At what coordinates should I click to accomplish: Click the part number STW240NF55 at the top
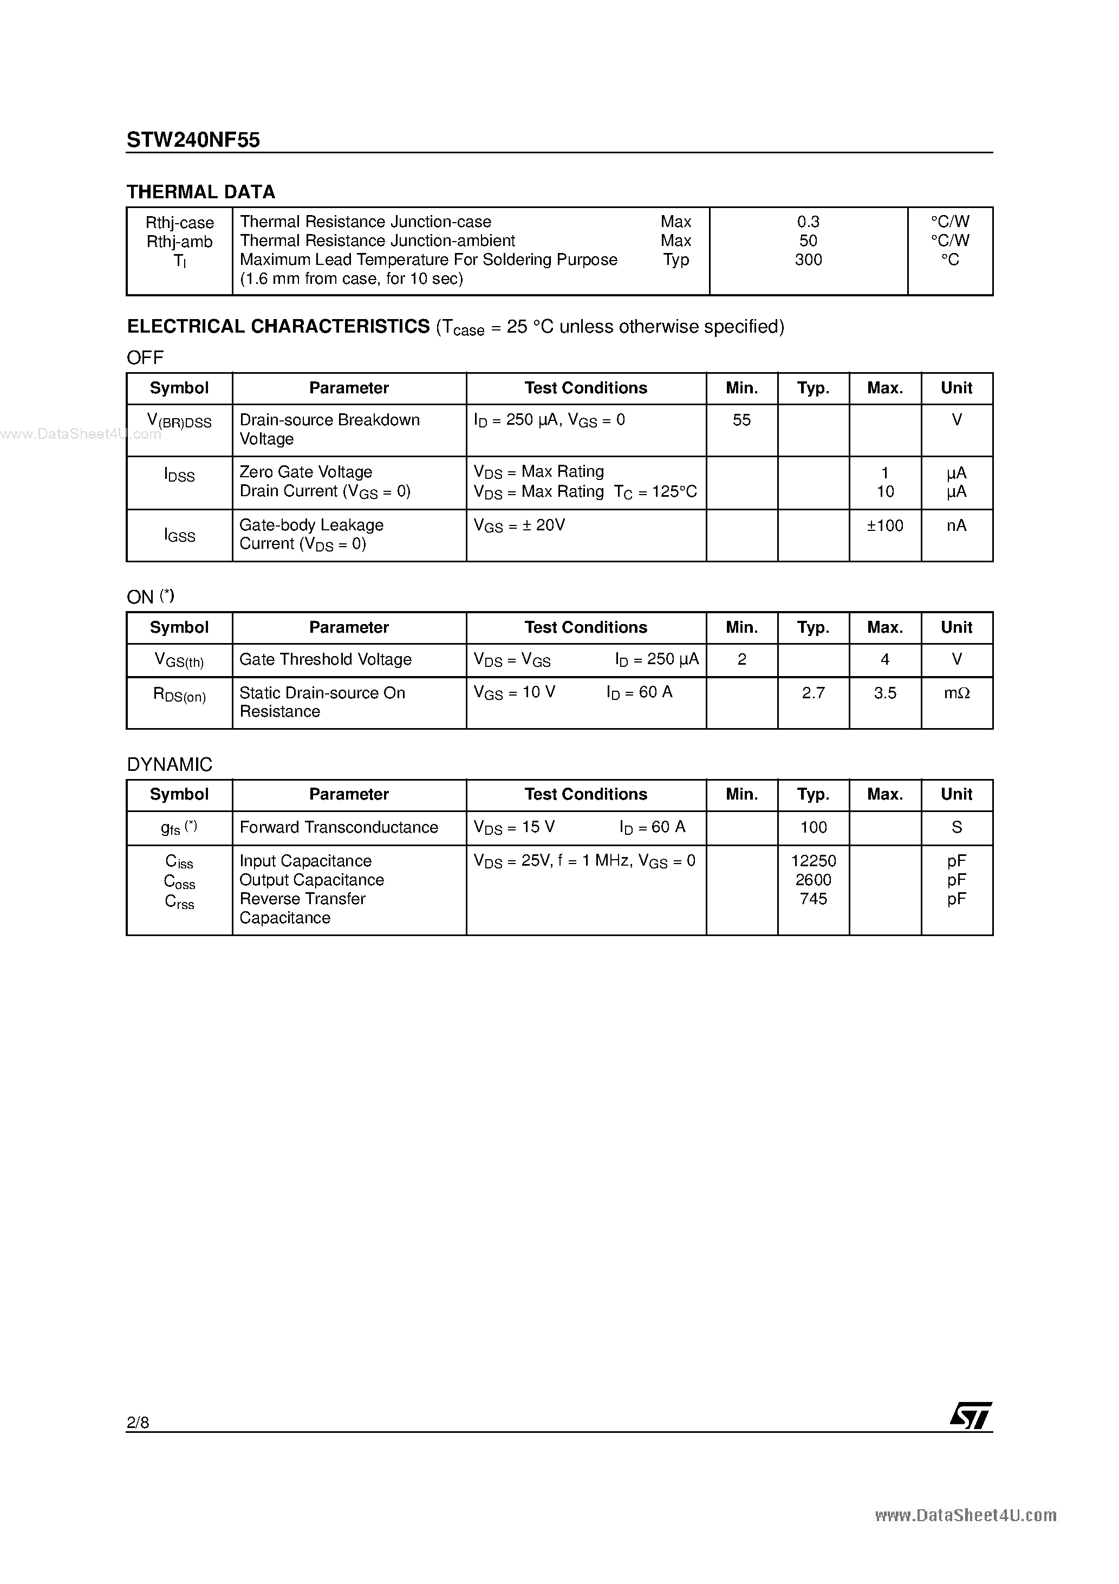[193, 140]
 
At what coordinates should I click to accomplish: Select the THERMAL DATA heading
[201, 192]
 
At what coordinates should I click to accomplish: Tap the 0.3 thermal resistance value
[808, 222]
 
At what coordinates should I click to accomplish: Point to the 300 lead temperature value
[808, 259]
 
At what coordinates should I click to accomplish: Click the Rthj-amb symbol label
[179, 242]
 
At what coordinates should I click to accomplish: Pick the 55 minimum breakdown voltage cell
[741, 420]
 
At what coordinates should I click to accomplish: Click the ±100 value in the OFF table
[885, 525]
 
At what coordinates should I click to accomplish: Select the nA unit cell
[956, 525]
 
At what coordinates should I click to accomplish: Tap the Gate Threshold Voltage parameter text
[325, 659]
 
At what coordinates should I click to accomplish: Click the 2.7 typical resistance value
[814, 693]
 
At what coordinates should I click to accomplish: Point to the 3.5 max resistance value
[885, 693]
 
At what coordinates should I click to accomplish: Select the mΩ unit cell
[956, 693]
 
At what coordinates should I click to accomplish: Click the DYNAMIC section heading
[170, 764]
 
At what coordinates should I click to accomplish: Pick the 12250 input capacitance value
[814, 861]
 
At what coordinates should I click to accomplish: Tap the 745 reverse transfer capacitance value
[814, 899]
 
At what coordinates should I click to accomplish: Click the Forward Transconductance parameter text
[339, 827]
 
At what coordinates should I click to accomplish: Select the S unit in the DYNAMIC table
[956, 827]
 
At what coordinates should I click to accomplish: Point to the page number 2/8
[138, 1423]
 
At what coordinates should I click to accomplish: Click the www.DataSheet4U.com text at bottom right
[965, 1515]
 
